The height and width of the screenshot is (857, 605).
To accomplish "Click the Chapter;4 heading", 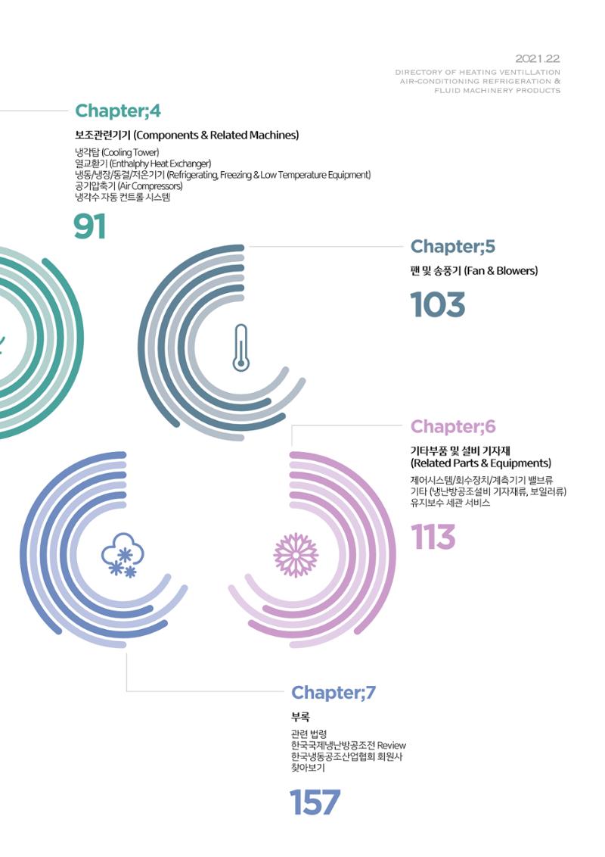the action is point(118,111).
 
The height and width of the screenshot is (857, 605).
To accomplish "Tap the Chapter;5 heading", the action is point(453,247).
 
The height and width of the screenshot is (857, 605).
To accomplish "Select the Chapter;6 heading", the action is point(453,426).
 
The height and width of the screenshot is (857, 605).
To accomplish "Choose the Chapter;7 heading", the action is point(334,693).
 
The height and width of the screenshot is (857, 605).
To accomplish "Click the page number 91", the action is point(89,227).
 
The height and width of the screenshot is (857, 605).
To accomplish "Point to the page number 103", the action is point(438,304).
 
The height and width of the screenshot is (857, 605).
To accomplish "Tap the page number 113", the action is point(433,537).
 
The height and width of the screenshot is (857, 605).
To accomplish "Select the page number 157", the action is point(315,802).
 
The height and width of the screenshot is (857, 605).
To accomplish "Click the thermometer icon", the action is point(240,348).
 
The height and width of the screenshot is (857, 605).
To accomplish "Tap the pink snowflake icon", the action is point(296,555).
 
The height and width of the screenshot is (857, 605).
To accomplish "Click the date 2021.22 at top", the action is point(538,59).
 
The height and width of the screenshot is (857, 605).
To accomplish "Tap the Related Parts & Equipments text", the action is point(481,463).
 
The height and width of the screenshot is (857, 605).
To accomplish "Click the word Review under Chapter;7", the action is point(392,746).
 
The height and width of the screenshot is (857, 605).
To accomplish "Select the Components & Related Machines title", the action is point(216,135).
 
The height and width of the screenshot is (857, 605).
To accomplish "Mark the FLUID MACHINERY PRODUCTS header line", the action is point(498,91).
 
